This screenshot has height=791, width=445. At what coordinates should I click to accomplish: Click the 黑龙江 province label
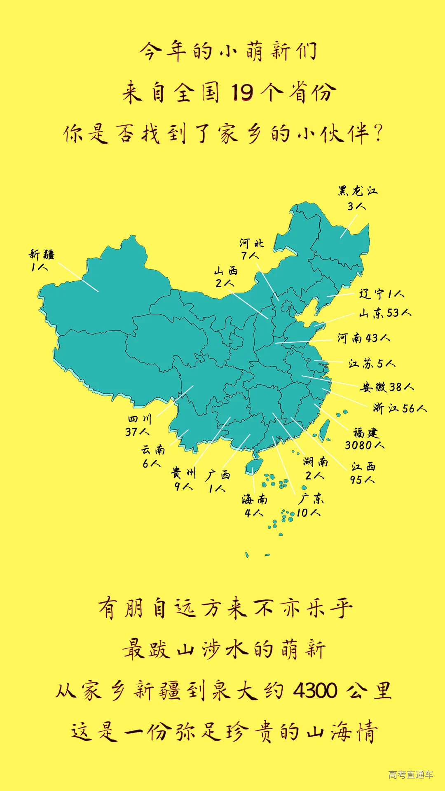(358, 191)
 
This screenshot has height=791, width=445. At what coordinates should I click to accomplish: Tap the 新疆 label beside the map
(42, 255)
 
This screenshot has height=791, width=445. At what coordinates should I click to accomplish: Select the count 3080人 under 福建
(365, 445)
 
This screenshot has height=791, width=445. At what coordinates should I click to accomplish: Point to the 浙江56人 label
(400, 408)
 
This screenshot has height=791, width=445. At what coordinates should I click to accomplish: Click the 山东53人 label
(385, 313)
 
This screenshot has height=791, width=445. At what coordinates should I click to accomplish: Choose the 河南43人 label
(364, 338)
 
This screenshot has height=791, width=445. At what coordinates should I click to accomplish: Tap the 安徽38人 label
(387, 387)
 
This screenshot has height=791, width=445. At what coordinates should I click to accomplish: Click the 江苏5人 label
(372, 363)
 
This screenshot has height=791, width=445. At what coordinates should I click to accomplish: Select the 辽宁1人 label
(382, 294)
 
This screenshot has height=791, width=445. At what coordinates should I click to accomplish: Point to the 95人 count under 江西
(362, 480)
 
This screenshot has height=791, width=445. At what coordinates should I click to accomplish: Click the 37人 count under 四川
(138, 432)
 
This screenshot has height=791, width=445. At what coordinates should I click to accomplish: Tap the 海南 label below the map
(255, 500)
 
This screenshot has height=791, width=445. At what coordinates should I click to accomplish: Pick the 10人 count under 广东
(308, 513)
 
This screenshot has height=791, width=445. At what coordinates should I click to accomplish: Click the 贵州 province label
(184, 473)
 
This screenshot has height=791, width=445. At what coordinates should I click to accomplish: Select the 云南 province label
(153, 449)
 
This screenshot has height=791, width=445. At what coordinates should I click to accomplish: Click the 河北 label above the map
(251, 243)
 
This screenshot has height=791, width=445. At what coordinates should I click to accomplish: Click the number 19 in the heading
(242, 92)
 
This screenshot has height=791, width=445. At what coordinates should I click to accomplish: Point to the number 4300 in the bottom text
(315, 690)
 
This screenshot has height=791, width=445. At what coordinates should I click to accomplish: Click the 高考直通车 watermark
(410, 775)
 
